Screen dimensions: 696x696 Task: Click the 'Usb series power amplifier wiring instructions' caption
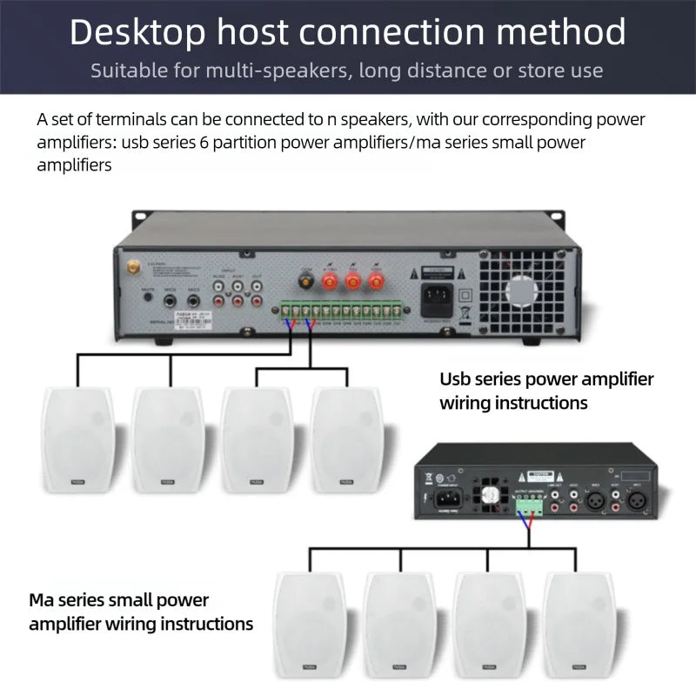click(x=545, y=391)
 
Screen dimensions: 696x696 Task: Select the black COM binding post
click(x=306, y=280)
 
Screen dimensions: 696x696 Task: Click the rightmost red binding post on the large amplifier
click(x=375, y=280)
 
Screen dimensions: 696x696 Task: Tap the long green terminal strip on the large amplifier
click(x=345, y=310)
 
